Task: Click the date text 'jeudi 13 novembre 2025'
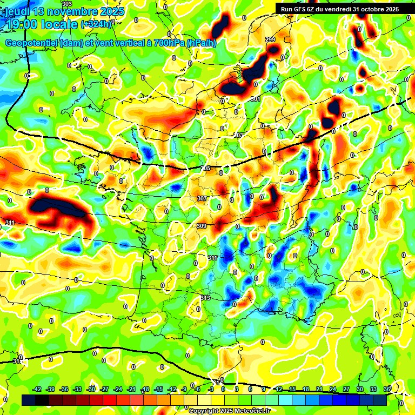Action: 64,11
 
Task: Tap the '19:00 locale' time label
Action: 41,24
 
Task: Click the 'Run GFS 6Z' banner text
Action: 299,9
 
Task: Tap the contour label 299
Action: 270,40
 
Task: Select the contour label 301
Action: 256,99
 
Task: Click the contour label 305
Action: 205,169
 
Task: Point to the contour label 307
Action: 202,199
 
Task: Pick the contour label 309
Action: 202,226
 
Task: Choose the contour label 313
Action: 205,298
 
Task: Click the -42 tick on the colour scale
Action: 37,389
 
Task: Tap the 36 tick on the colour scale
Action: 387,389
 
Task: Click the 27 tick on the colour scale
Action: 346,389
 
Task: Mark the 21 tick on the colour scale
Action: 319,389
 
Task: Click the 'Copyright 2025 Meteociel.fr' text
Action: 229,411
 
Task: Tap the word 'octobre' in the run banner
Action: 370,9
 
